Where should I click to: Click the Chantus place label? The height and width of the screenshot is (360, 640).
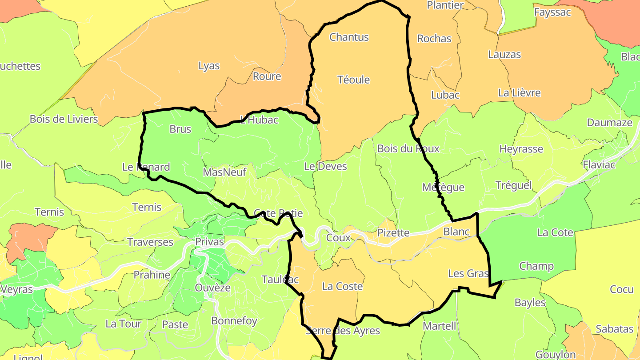349,37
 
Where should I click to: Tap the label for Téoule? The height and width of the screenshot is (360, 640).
354,80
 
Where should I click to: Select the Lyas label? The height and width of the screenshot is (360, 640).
209,66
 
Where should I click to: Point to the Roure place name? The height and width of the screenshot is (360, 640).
267,76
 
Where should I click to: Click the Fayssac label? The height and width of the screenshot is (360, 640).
552,12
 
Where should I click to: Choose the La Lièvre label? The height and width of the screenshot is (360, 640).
519,93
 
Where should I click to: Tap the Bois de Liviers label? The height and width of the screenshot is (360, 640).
64,119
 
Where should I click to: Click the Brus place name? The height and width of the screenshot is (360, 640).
180,129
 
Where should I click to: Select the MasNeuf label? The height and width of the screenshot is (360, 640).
224,172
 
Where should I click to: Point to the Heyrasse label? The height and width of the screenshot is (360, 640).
521,149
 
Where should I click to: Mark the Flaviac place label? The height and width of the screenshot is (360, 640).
599,165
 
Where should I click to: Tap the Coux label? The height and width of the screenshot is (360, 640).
338,238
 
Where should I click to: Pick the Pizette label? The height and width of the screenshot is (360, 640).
393,233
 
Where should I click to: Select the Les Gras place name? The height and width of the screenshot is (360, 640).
468,273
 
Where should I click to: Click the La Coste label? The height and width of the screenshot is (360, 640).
342,287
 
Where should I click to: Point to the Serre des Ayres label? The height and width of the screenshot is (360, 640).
343,331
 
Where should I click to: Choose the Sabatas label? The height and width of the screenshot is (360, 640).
614,329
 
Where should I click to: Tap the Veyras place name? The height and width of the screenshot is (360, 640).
17,289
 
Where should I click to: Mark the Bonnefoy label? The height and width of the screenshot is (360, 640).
234,321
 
